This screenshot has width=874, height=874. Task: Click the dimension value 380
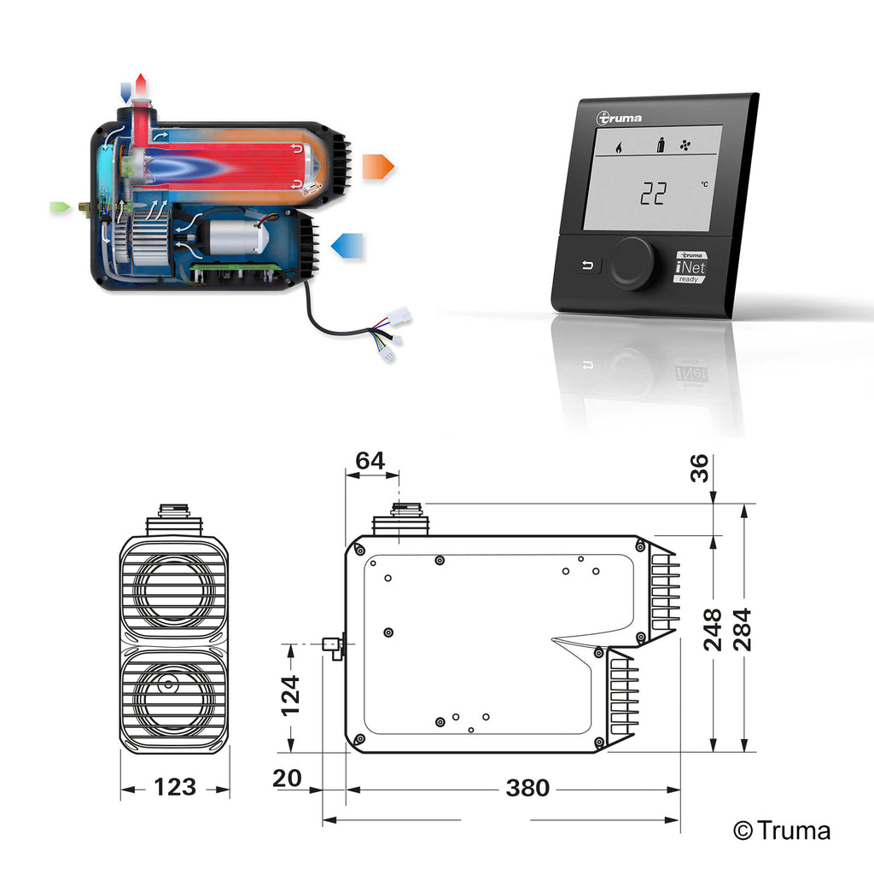(527, 789)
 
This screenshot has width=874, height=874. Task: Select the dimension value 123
(174, 787)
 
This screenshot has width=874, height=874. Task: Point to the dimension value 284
(743, 629)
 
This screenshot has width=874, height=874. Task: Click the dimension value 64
(370, 461)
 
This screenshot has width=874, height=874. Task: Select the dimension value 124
(291, 695)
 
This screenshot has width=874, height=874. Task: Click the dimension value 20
(288, 778)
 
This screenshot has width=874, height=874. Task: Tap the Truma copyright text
(782, 830)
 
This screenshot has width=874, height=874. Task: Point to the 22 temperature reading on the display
(653, 195)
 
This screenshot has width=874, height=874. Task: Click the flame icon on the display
(617, 147)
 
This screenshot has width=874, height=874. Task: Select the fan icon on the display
(685, 146)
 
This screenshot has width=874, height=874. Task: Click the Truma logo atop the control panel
(620, 118)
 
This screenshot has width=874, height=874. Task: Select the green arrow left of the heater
(60, 207)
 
